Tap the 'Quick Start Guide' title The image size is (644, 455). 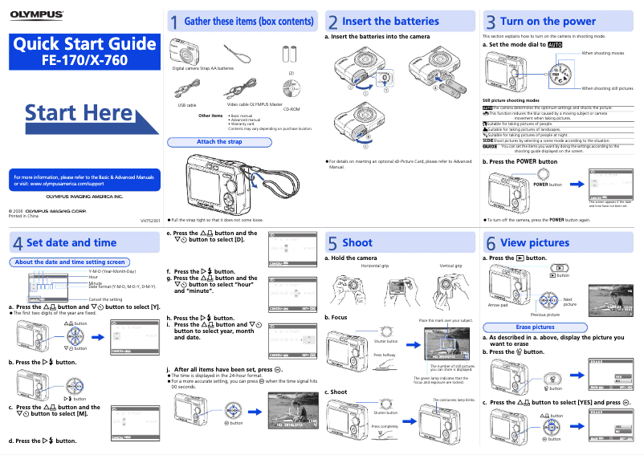pos(84,44)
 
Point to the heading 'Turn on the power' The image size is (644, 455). pos(548,22)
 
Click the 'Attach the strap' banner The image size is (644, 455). pos(219,142)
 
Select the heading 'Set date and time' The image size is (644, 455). pos(71,242)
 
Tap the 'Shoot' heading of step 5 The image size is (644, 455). pos(357,242)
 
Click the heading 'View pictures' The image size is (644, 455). pos(534,242)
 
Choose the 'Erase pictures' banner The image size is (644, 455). pos(535,327)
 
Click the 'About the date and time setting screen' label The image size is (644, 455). pos(70,262)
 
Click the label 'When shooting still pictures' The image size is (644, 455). pos(607,88)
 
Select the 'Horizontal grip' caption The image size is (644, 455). pos(374,266)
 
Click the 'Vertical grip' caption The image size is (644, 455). pos(450,266)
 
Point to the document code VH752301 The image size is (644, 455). pos(150,220)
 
